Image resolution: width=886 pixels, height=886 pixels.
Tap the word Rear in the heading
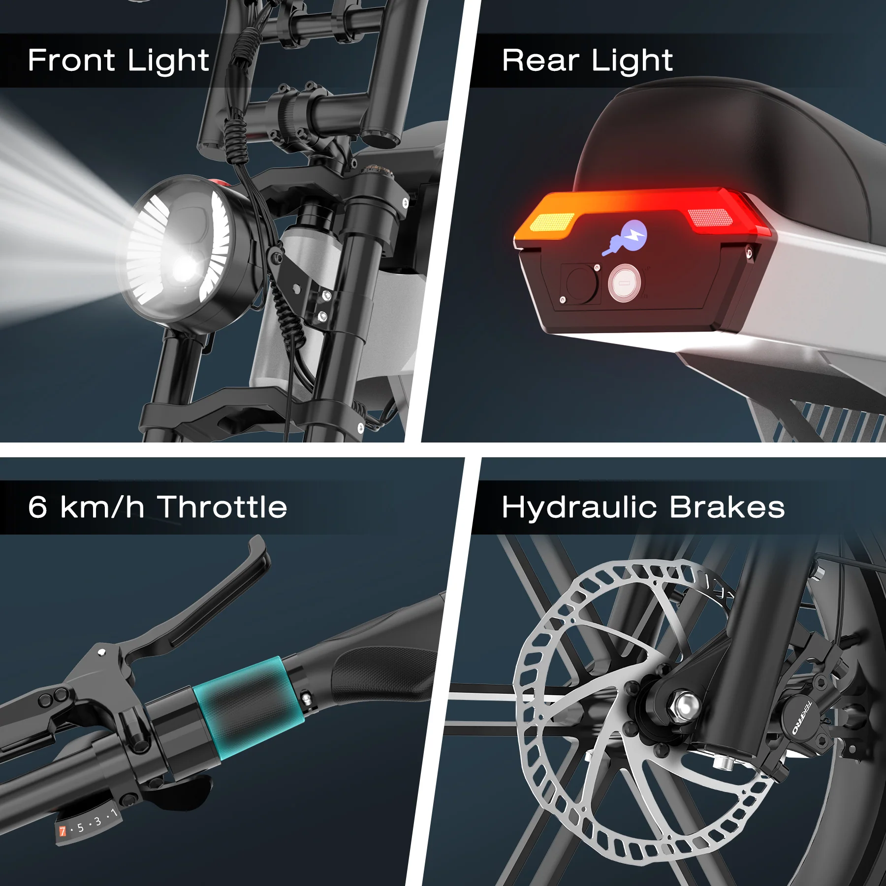(540, 60)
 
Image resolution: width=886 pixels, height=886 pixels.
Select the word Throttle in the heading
(222, 507)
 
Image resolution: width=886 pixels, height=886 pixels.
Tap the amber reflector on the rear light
(552, 222)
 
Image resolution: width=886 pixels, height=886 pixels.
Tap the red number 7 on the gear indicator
(63, 831)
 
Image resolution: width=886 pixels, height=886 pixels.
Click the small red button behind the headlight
(222, 184)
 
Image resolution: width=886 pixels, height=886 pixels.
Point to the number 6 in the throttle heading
(38, 507)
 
